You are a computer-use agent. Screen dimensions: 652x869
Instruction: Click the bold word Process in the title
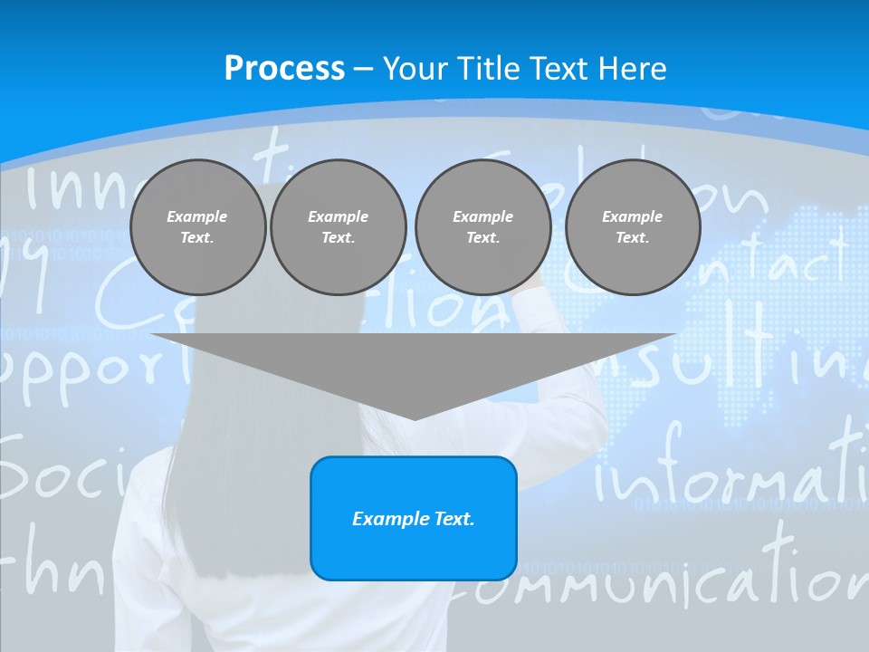coord(284,69)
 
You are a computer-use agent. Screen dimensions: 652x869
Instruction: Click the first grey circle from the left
coord(197,227)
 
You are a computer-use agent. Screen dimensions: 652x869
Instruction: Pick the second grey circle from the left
coord(339,227)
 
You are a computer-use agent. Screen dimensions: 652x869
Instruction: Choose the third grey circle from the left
coord(482,227)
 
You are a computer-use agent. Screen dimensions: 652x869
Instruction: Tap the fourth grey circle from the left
coord(633,227)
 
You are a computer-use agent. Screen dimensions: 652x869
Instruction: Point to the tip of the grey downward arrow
coord(415,417)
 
